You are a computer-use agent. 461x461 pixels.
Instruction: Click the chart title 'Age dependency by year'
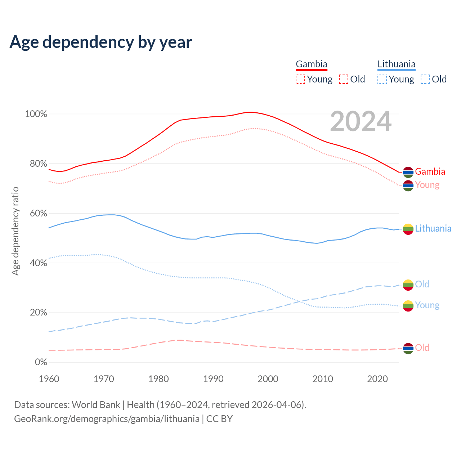tap(101, 42)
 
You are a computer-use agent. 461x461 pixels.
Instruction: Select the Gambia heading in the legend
tap(312, 64)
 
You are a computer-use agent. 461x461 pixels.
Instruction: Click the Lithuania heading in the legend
tap(396, 64)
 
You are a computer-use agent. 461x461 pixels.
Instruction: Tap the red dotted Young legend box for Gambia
tap(300, 79)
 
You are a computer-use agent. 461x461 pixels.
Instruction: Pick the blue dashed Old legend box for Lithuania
tap(425, 79)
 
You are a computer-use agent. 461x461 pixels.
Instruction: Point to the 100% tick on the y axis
tap(36, 114)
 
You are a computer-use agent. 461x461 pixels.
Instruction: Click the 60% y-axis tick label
tap(38, 213)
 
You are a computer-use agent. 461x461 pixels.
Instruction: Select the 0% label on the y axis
tap(41, 362)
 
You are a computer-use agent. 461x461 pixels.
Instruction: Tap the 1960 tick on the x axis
tap(49, 379)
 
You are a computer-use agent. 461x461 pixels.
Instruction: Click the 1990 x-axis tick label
tap(213, 379)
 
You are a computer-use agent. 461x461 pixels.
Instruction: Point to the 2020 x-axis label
tap(377, 379)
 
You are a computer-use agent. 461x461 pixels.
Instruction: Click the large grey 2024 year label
tap(361, 122)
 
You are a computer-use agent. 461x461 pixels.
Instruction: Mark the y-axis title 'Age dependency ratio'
tap(15, 231)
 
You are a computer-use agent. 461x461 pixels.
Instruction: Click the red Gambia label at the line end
tap(430, 172)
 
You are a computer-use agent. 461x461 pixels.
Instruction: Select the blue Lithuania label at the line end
tap(433, 229)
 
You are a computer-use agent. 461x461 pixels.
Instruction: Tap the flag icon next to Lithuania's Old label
tap(408, 285)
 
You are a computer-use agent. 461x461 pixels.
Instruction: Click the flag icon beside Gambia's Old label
tap(408, 348)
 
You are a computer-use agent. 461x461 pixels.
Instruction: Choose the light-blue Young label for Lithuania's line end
tap(427, 305)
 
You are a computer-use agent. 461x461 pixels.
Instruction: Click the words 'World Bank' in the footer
tap(96, 405)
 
